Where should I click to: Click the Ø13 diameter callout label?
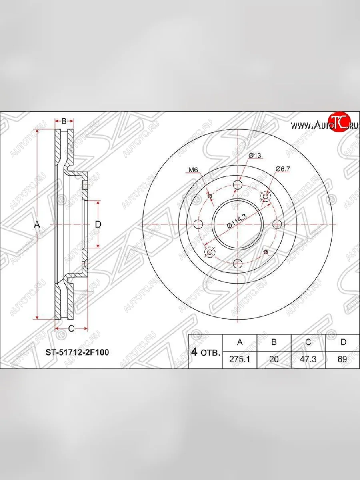[255, 155]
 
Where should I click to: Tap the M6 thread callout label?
[193, 170]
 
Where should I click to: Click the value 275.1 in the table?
[240, 359]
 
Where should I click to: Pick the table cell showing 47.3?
[308, 359]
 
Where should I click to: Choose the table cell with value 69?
[342, 359]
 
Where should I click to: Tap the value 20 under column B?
[274, 359]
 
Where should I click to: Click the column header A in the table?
[240, 342]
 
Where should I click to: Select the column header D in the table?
[343, 342]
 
